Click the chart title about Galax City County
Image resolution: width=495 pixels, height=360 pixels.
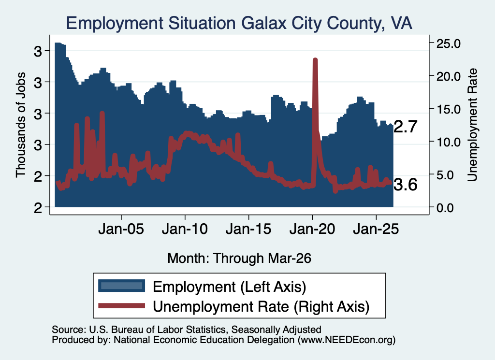pyautogui.click(x=239, y=23)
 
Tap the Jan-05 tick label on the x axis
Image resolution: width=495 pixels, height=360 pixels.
pyautogui.click(x=121, y=229)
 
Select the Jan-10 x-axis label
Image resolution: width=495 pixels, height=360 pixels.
pyautogui.click(x=185, y=229)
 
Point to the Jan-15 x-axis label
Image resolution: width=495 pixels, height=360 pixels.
pyautogui.click(x=248, y=229)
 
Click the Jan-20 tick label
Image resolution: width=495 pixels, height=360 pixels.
pyautogui.click(x=312, y=229)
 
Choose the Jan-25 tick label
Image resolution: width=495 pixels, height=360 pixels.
pyautogui.click(x=376, y=229)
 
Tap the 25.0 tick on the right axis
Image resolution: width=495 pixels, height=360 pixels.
pyautogui.click(x=448, y=43)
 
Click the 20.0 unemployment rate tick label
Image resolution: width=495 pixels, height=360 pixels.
pyautogui.click(x=448, y=76)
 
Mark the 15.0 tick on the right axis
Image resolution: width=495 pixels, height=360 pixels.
pyautogui.click(x=448, y=109)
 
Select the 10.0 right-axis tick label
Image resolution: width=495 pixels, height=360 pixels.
pyautogui.click(x=448, y=142)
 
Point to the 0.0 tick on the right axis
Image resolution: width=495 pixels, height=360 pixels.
pyautogui.click(x=445, y=208)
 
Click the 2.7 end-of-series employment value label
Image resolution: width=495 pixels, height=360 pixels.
pyautogui.click(x=406, y=127)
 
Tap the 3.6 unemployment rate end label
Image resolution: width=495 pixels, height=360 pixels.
pyautogui.click(x=406, y=185)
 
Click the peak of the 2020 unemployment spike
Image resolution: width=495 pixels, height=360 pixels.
pyautogui.click(x=315, y=59)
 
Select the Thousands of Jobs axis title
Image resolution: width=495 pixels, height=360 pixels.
pyautogui.click(x=20, y=125)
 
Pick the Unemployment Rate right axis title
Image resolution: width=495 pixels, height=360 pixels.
pyautogui.click(x=472, y=125)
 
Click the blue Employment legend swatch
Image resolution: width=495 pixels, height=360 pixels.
pyautogui.click(x=121, y=286)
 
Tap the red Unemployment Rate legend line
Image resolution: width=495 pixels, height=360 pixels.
pyautogui.click(x=121, y=306)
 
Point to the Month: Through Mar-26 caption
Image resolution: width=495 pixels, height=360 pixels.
pyautogui.click(x=239, y=258)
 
